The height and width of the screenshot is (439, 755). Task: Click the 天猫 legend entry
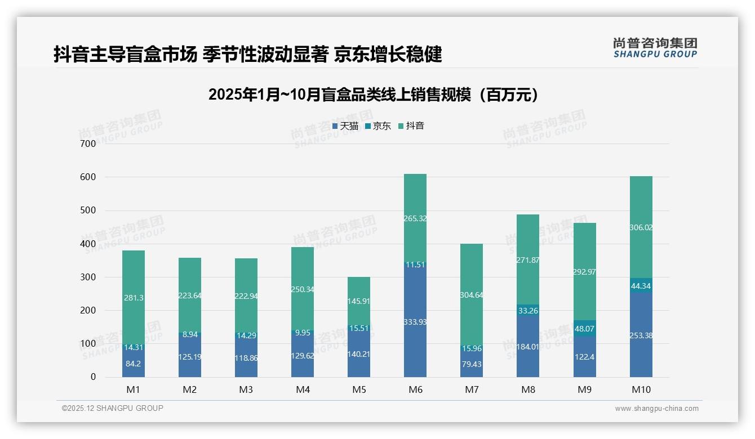(345, 126)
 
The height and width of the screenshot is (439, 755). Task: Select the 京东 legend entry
(378, 126)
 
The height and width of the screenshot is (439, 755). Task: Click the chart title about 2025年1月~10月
(373, 95)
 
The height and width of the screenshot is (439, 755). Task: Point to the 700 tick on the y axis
(88, 144)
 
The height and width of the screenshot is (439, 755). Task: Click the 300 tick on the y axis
(88, 277)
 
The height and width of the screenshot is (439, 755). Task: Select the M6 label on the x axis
(415, 389)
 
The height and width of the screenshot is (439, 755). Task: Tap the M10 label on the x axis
(641, 389)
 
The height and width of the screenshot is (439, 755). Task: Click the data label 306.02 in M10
(641, 227)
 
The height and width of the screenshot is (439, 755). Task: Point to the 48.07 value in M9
(584, 329)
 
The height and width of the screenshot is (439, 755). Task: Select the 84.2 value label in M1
(134, 364)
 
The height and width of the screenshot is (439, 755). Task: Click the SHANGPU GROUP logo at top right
(655, 48)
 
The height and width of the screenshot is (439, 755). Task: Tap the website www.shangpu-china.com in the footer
(656, 409)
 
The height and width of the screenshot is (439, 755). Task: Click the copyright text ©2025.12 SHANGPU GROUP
(113, 408)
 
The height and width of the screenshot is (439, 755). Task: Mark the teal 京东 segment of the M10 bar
(641, 285)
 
